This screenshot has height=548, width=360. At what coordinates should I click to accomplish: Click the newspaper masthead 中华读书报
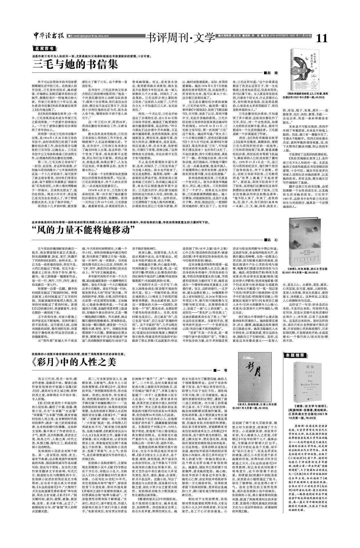pyautogui.click(x=49, y=35)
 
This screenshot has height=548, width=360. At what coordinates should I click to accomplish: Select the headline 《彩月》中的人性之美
pyautogui.click(x=74, y=362)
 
